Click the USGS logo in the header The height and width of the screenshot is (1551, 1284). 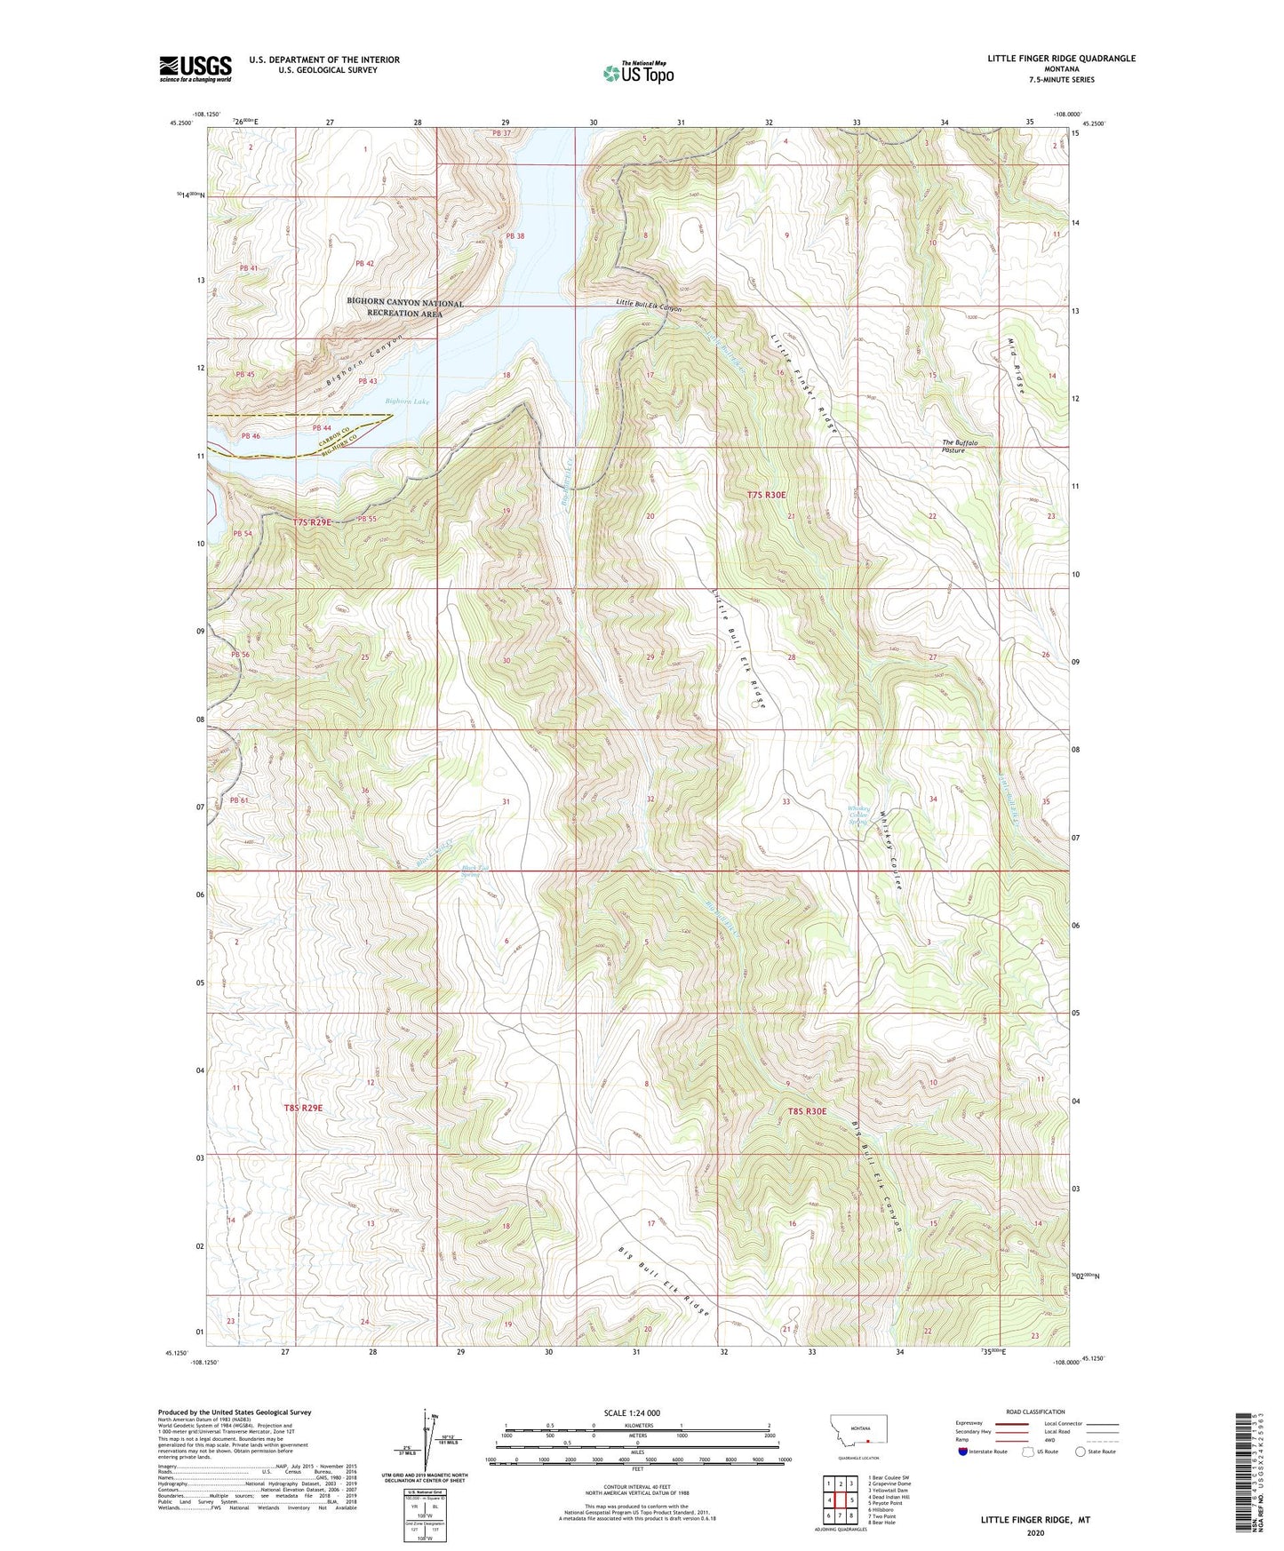coord(195,68)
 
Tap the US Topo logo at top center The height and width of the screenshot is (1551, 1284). coord(638,73)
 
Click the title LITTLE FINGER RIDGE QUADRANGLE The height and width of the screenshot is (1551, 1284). coord(1061,59)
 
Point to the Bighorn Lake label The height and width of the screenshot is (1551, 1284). coord(408,402)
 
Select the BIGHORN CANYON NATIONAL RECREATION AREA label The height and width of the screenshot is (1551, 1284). coord(404,308)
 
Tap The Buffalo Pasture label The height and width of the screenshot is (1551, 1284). coord(960,446)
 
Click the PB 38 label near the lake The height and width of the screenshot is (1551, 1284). coord(515,236)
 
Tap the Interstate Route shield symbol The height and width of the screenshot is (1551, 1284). coord(963,1452)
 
